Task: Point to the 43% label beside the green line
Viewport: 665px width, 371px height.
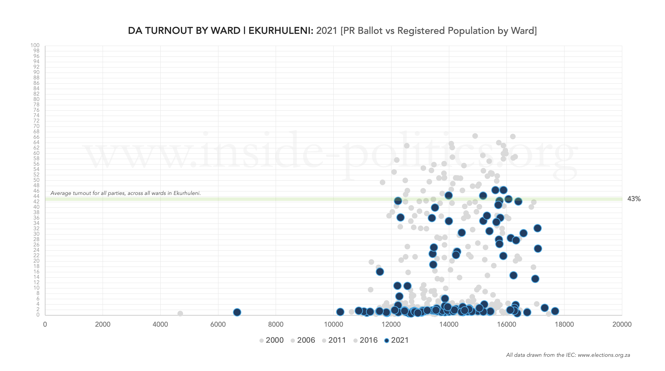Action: (x=634, y=199)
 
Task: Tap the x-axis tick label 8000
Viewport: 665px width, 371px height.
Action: (x=276, y=324)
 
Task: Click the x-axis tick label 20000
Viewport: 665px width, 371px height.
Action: (x=622, y=324)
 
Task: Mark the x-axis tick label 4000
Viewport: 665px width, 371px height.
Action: (x=160, y=324)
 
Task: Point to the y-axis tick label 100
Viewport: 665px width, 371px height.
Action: (x=35, y=45)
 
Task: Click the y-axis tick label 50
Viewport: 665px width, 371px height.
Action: (x=36, y=180)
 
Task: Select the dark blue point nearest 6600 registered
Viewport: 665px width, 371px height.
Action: (x=237, y=312)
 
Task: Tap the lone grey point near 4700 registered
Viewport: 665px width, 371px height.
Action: (x=180, y=313)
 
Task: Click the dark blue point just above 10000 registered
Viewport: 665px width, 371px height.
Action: (x=340, y=312)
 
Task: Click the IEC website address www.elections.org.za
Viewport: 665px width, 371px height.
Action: (x=604, y=355)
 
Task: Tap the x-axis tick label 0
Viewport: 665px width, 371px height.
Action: (x=45, y=324)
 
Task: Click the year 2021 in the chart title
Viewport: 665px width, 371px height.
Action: (x=327, y=31)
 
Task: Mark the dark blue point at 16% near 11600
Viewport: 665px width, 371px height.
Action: (x=380, y=272)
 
